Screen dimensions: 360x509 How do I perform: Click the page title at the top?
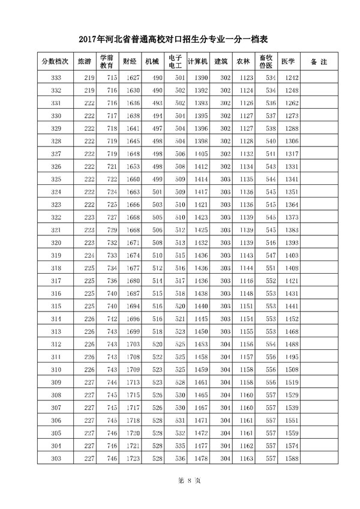coord(180,40)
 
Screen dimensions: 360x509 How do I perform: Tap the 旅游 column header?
coord(84,62)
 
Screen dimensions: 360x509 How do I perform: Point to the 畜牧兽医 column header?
coord(266,62)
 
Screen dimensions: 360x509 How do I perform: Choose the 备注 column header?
coord(319,62)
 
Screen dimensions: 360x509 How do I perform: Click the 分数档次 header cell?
coord(55,62)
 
